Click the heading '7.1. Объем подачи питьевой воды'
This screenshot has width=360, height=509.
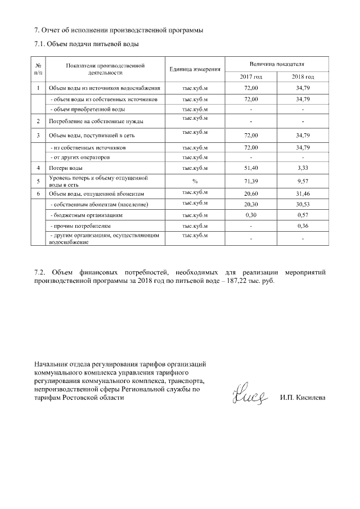pos(86,44)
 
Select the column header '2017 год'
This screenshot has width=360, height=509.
pos(251,76)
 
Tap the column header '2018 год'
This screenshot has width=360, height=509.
pos(303,76)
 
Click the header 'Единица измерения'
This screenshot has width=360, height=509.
pos(194,69)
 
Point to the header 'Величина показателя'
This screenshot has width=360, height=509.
pos(277,66)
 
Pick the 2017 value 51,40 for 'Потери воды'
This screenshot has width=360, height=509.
pos(251,168)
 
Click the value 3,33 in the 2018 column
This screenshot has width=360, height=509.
pos(303,168)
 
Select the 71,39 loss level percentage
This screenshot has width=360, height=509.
pos(251,181)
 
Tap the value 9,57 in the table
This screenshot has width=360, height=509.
pos(303,181)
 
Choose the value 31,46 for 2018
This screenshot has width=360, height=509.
pos(303,193)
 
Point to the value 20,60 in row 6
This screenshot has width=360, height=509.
pos(251,193)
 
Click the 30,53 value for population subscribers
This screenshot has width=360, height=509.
pos(303,205)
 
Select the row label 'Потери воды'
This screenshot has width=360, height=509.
pos(66,168)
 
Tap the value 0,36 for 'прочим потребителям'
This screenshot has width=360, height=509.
pos(303,226)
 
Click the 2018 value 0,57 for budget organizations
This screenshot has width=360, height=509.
pos(303,215)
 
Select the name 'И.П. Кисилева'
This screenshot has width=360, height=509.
pos(302,398)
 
